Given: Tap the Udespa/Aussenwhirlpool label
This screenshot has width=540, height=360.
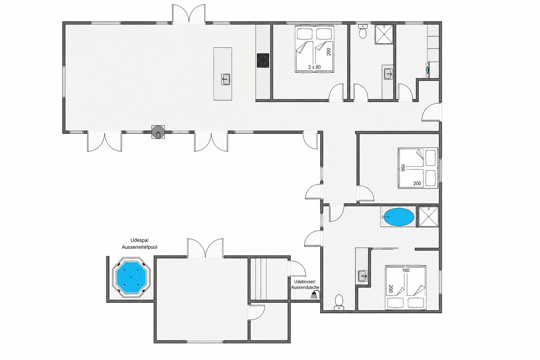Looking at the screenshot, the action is coord(139,244).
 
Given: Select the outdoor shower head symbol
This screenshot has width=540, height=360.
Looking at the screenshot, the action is coord(315,294).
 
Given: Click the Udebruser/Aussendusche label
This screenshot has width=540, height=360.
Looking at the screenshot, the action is coord(305,284).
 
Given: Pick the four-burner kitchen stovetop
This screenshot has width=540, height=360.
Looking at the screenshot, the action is coord(263,60).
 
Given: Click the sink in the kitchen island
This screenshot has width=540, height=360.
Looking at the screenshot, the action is coord(225,79).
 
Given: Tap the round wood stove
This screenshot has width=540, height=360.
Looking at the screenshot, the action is coord(158,131).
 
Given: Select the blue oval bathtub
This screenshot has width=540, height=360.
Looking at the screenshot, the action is coord(399,217).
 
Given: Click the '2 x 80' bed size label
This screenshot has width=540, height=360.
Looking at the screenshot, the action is coord(315,67).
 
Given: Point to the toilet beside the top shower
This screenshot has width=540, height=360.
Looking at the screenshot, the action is coord(362,31).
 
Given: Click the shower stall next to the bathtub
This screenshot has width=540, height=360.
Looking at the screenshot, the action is coord(429,217).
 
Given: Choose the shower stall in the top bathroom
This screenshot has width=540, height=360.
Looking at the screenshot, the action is coord(384,34).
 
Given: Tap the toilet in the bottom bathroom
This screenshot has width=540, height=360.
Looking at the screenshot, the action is coord(339,302).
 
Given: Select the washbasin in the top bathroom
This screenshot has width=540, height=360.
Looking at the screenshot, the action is coord(388,74).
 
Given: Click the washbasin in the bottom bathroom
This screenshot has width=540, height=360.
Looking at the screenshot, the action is coord(362,276).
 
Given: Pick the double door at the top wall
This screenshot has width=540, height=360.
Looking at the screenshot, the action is coord(189,14).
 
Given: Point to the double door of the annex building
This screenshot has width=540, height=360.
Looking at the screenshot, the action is coord(205,248).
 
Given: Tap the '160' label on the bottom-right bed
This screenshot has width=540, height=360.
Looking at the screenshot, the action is coord(405,271).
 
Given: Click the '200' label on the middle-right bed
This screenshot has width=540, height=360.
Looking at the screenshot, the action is coord(417,184).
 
